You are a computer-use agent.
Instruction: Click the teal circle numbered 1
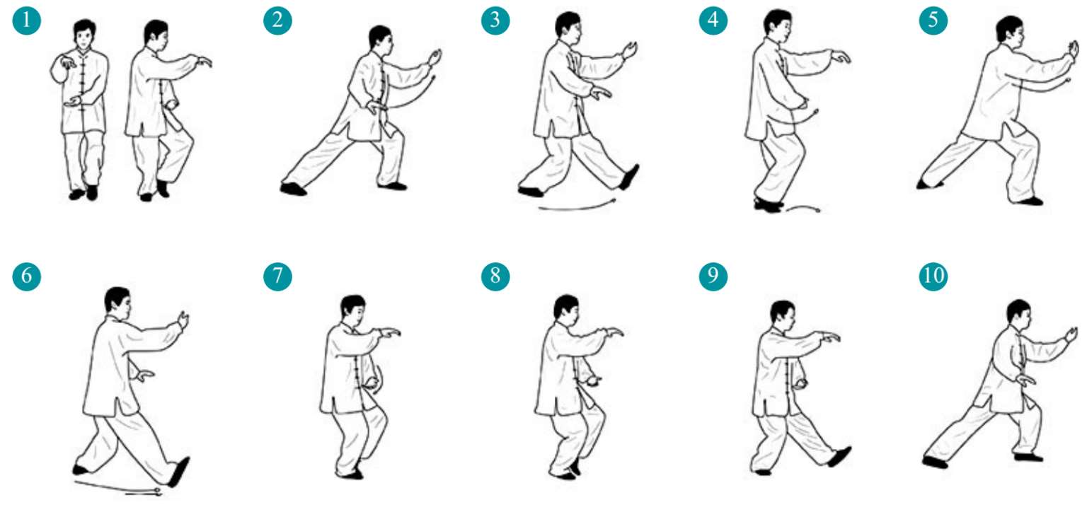pos(27,21)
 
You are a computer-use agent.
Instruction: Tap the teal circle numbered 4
pos(713,21)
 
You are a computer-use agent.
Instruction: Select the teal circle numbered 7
pos(277,276)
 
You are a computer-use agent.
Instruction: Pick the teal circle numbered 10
pos(933,276)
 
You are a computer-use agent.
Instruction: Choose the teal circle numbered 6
pos(27,276)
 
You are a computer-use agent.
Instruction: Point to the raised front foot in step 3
pos(629,177)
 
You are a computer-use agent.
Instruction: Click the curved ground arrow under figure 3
pos(577,208)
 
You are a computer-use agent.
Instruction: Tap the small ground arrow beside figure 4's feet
pos(803,208)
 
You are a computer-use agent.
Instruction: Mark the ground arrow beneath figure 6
pos(118,488)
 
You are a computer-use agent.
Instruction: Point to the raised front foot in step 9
pos(840,457)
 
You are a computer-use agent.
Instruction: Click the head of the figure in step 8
pos(566,310)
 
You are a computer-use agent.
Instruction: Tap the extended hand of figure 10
pos(1071,334)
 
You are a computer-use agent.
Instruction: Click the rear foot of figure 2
pos(293,189)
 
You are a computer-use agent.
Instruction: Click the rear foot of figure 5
pos(928,184)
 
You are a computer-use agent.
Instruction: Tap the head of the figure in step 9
pos(783,315)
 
